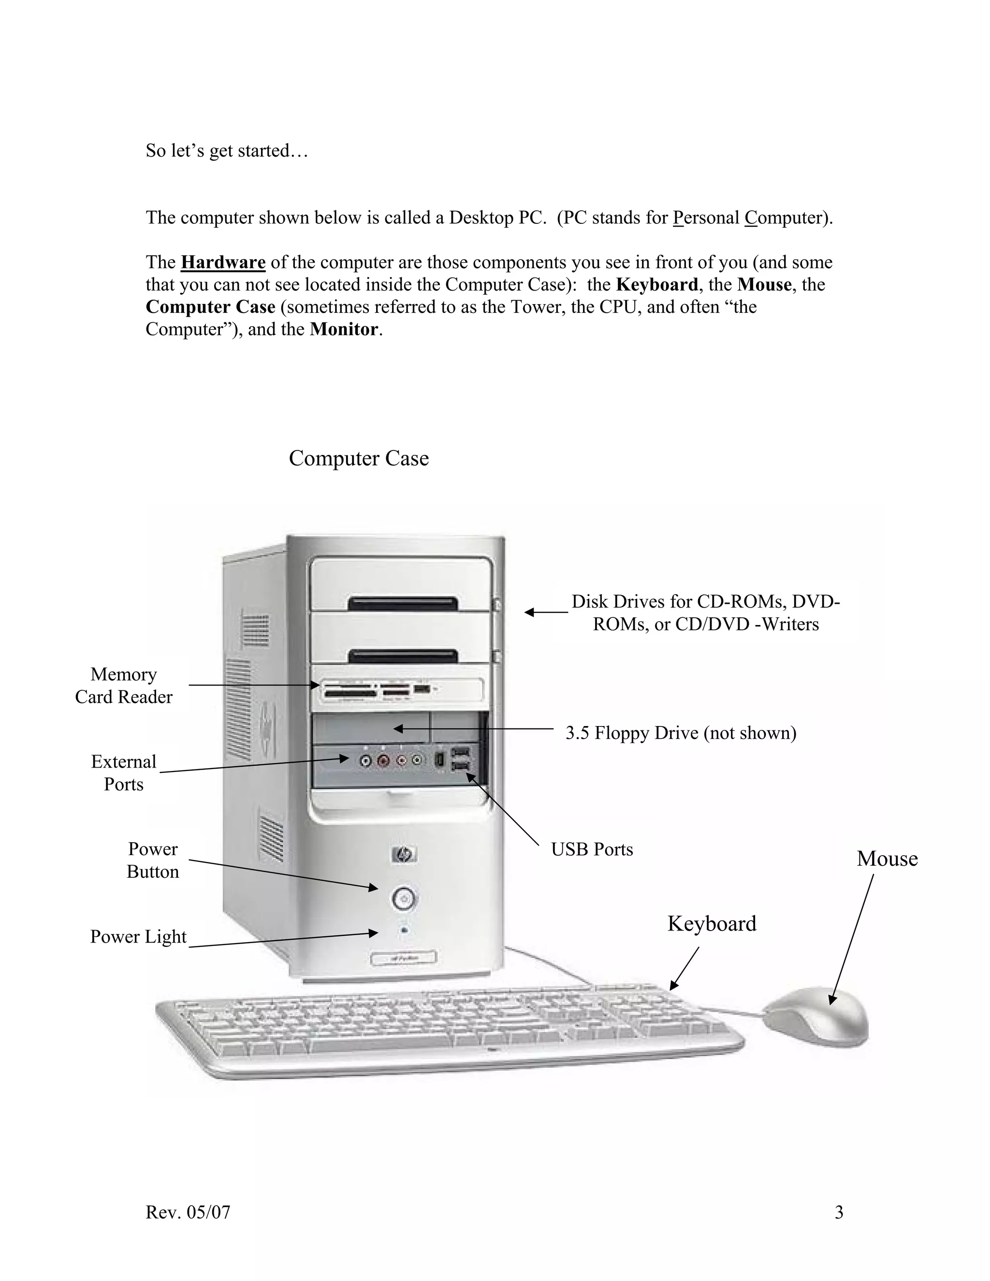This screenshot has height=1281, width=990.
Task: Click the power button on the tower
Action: point(404,897)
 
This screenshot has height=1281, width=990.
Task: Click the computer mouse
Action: point(817,1015)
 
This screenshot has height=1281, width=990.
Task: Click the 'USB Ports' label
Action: point(592,849)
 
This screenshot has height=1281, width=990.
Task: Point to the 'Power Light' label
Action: point(138,937)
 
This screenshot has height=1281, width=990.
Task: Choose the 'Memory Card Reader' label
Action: point(124,685)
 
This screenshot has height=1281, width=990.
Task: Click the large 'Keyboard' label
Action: point(712,924)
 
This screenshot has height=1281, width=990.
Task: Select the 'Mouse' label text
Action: point(887,859)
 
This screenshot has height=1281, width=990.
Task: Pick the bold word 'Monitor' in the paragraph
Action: point(344,329)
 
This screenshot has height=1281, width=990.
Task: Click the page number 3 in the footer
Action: point(839,1212)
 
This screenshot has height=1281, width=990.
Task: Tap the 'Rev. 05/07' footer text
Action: point(188,1212)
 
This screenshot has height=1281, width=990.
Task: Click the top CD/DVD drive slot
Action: point(403,604)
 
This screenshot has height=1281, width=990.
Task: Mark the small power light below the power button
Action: point(404,930)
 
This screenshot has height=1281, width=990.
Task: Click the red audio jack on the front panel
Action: point(383,761)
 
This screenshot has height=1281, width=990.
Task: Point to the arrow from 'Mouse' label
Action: point(852,938)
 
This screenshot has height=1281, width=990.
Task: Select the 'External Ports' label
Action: point(124,772)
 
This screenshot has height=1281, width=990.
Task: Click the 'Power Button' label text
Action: point(152,860)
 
